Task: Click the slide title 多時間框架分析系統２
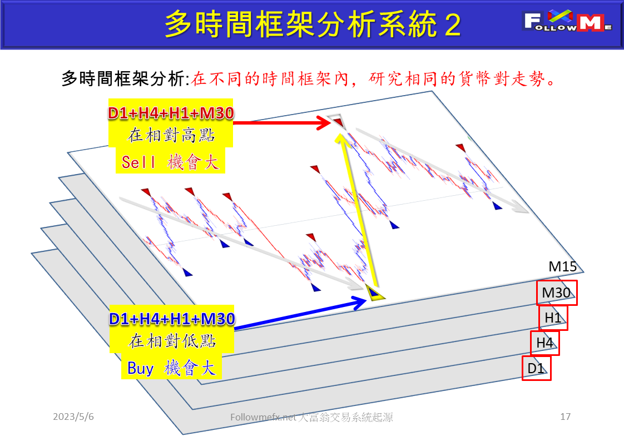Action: tap(313, 24)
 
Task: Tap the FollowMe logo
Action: tap(568, 23)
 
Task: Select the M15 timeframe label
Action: tap(562, 267)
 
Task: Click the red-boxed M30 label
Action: tap(557, 293)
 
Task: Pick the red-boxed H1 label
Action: tap(553, 318)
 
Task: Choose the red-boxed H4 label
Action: tap(544, 343)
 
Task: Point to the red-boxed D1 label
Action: tap(536, 368)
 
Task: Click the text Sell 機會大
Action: tap(170, 162)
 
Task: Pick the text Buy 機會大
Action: tap(171, 368)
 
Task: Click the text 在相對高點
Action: tap(171, 136)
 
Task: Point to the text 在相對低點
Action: tap(171, 340)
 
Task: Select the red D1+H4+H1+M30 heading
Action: tap(171, 113)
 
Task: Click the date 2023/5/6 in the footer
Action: tap(73, 417)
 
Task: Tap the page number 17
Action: tap(566, 417)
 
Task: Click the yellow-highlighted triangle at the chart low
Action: tap(374, 291)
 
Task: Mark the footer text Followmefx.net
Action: tap(264, 417)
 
